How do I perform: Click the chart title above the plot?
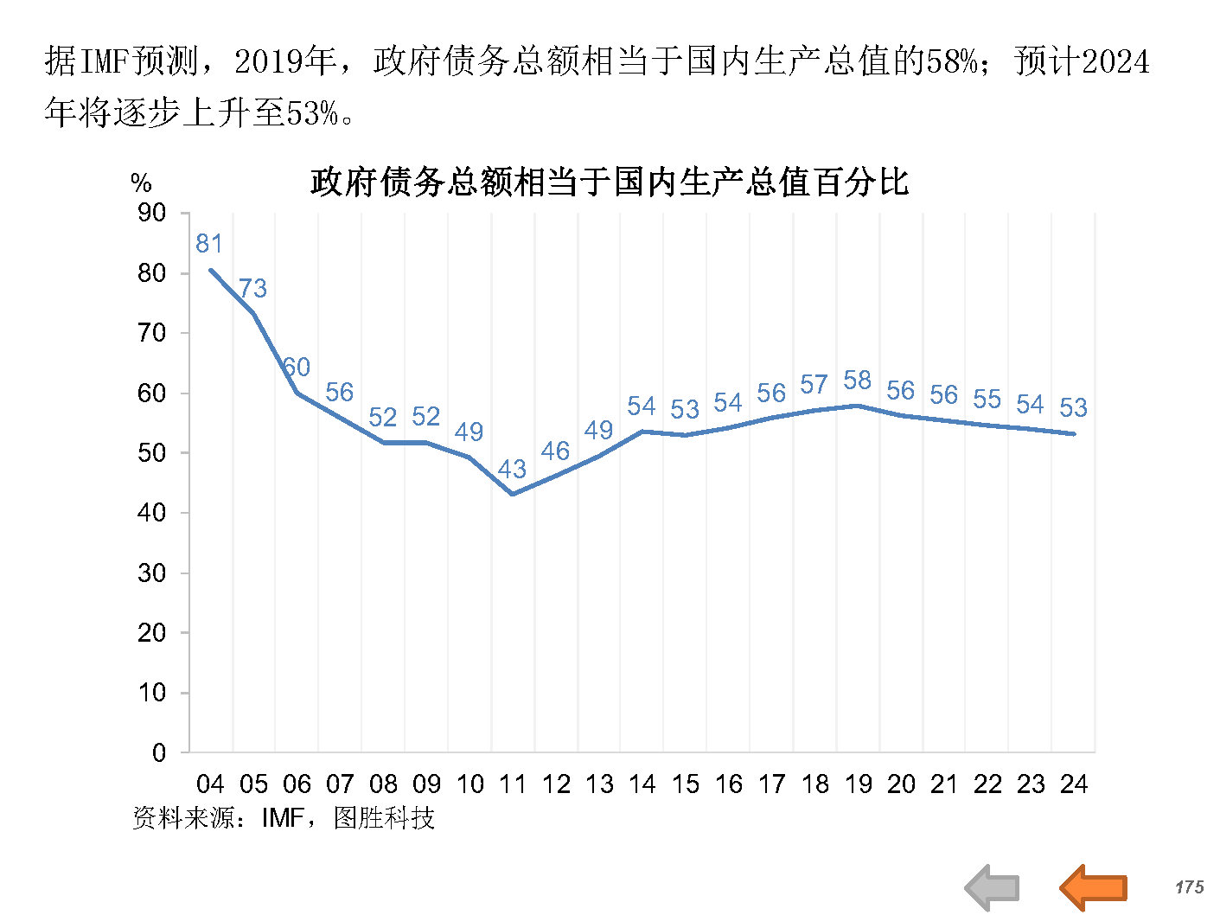(610, 182)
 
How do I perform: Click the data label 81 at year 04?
(209, 244)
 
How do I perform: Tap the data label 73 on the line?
(252, 288)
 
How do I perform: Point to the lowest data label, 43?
(512, 470)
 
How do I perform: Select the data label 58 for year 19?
(857, 381)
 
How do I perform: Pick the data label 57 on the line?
(814, 385)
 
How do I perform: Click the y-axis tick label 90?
(152, 213)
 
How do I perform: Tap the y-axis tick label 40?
(152, 513)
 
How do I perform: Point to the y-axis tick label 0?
(159, 752)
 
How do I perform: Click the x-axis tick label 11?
(512, 784)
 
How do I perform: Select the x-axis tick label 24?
(1073, 784)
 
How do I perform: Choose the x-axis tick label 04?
(210, 784)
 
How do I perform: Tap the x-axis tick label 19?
(858, 784)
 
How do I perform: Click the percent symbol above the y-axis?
(141, 183)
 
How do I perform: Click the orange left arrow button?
(1094, 886)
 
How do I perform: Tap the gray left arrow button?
(992, 887)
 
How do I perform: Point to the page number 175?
(1189, 887)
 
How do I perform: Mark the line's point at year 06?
(297, 393)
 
